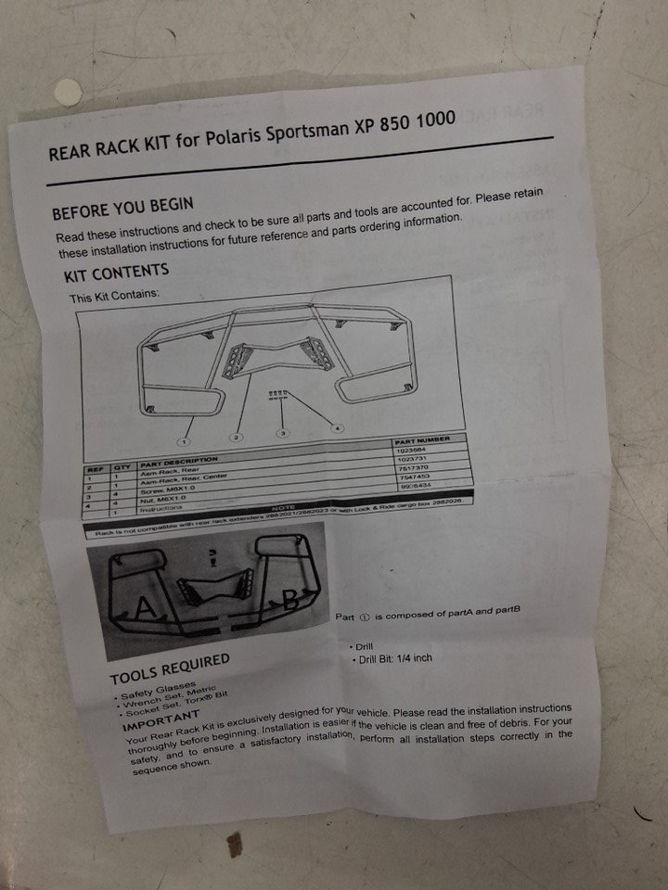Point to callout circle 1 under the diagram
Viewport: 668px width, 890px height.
pos(185,442)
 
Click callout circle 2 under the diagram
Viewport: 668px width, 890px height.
pos(237,437)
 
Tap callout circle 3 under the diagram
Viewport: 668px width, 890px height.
pos(284,433)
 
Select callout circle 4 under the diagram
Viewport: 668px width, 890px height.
pos(336,428)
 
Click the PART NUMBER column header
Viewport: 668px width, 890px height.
pos(422,440)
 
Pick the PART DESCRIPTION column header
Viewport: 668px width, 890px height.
pos(179,461)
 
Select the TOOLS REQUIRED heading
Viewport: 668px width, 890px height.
pos(169,669)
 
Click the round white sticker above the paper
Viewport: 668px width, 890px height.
pos(67,90)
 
